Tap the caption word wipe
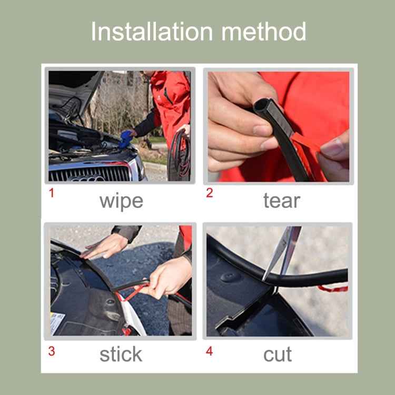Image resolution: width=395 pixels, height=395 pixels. pyautogui.click(x=121, y=201)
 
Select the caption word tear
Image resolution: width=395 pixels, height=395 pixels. pyautogui.click(x=281, y=201)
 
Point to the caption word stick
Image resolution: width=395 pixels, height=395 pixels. pyautogui.click(x=121, y=354)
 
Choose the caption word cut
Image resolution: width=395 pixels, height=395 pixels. pyautogui.click(x=278, y=354)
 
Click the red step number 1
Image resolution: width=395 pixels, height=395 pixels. pyautogui.click(x=52, y=193)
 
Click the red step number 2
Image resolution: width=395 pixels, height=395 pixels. pyautogui.click(x=210, y=193)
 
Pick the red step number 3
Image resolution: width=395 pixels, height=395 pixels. pyautogui.click(x=52, y=351)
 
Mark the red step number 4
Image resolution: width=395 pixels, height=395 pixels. pyautogui.click(x=210, y=351)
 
